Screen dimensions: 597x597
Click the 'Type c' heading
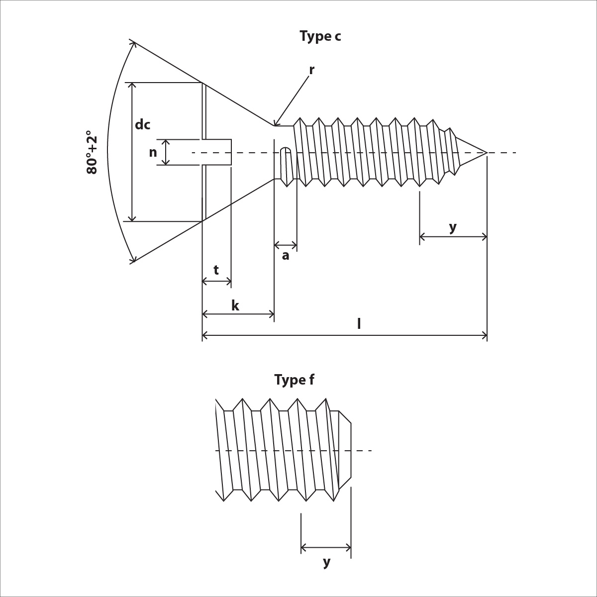pos(320,36)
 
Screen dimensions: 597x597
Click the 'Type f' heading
pos(294,380)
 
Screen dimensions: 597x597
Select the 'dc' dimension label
pos(142,125)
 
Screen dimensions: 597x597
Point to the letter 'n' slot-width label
pos(153,153)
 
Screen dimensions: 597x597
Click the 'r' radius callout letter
pos(311,70)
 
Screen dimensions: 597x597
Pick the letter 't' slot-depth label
pos(216,270)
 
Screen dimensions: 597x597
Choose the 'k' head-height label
pos(235,306)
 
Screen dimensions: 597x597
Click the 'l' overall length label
pos(359,324)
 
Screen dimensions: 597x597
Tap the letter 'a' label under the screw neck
pos(286,256)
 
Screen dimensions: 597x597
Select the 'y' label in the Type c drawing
pos(452,227)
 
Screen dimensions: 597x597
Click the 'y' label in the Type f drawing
pos(326,562)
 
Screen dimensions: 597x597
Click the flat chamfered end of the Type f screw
pos(350,450)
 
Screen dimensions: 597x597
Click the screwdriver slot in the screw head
pos(217,152)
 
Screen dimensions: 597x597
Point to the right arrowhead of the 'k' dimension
pos(272,314)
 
